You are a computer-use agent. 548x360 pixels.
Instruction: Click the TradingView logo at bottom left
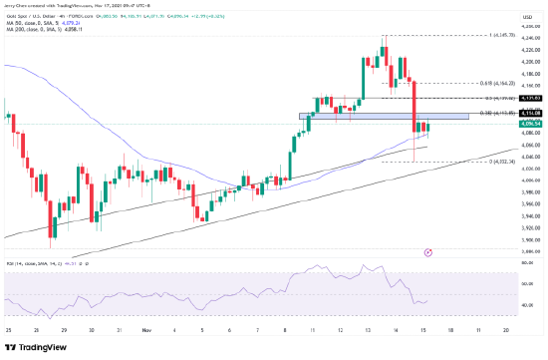pyautogui.click(x=31, y=349)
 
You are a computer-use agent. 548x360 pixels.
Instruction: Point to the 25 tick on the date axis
pyautogui.click(x=8, y=328)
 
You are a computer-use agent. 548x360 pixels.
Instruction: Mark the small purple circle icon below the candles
pyautogui.click(x=427, y=253)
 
